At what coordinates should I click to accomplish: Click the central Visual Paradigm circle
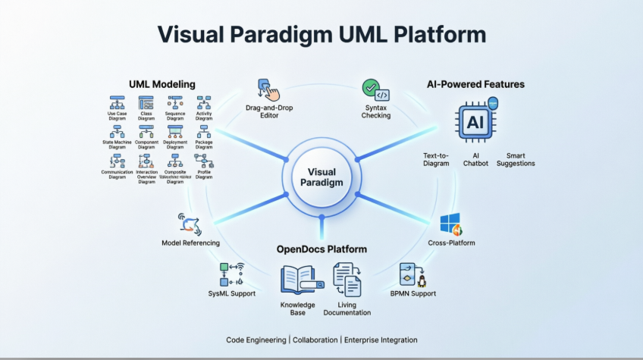tap(321, 177)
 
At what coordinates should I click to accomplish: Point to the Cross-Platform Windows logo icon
tap(451, 224)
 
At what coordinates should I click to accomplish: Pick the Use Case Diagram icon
tap(117, 102)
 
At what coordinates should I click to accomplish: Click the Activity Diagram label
tap(204, 116)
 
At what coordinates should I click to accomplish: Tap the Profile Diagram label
tap(204, 174)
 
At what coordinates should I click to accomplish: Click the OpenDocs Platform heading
tap(321, 249)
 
